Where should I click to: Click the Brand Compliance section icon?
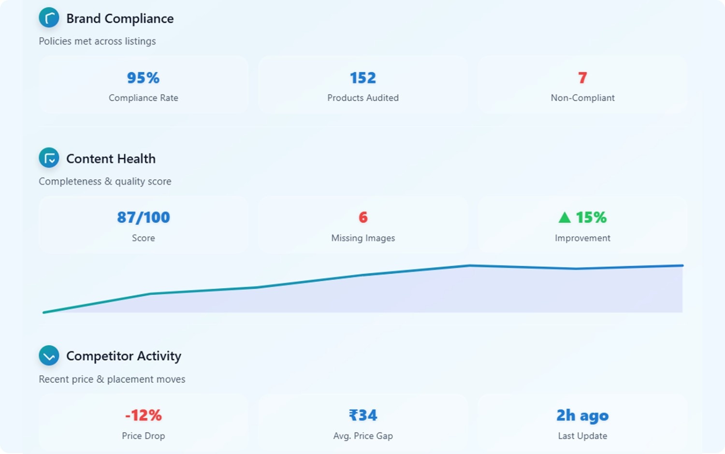point(49,18)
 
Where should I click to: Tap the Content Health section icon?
point(49,158)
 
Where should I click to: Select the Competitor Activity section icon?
point(49,356)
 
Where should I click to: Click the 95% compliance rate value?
point(143,78)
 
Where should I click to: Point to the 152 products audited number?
point(363,78)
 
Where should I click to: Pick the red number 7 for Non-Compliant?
point(582,78)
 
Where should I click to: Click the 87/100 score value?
point(144,218)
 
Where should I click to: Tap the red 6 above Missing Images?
point(363,218)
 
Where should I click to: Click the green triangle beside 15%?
point(565,218)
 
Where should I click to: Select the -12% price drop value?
point(144,415)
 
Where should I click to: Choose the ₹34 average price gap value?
point(363,415)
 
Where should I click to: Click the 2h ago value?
point(582,415)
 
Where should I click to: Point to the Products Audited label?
point(363,98)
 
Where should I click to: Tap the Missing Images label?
point(363,238)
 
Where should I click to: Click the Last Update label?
point(582,436)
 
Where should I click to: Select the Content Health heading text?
point(111,159)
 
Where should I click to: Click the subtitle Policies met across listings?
point(97,41)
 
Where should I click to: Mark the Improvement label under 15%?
point(582,238)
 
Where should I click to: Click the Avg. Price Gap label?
point(363,436)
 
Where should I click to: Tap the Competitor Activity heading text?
point(124,356)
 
